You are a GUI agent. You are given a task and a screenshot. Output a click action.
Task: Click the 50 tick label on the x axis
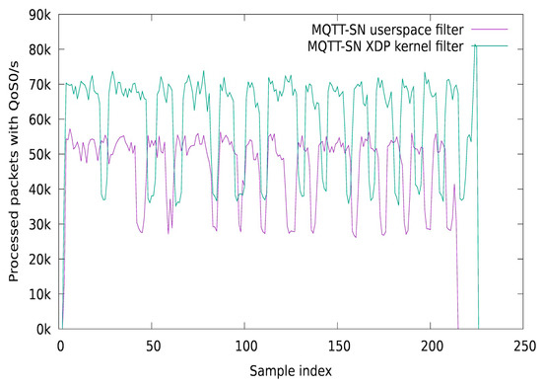[x=153, y=346]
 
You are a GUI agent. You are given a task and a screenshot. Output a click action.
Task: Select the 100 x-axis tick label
[x=245, y=346]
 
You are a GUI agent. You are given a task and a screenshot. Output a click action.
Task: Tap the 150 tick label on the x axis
[x=338, y=346]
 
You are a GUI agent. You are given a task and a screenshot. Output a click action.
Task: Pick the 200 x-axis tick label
[x=431, y=346]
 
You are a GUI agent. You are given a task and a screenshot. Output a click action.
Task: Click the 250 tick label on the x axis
[x=523, y=346]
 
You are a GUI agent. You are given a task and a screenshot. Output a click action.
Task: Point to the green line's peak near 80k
[x=475, y=45]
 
